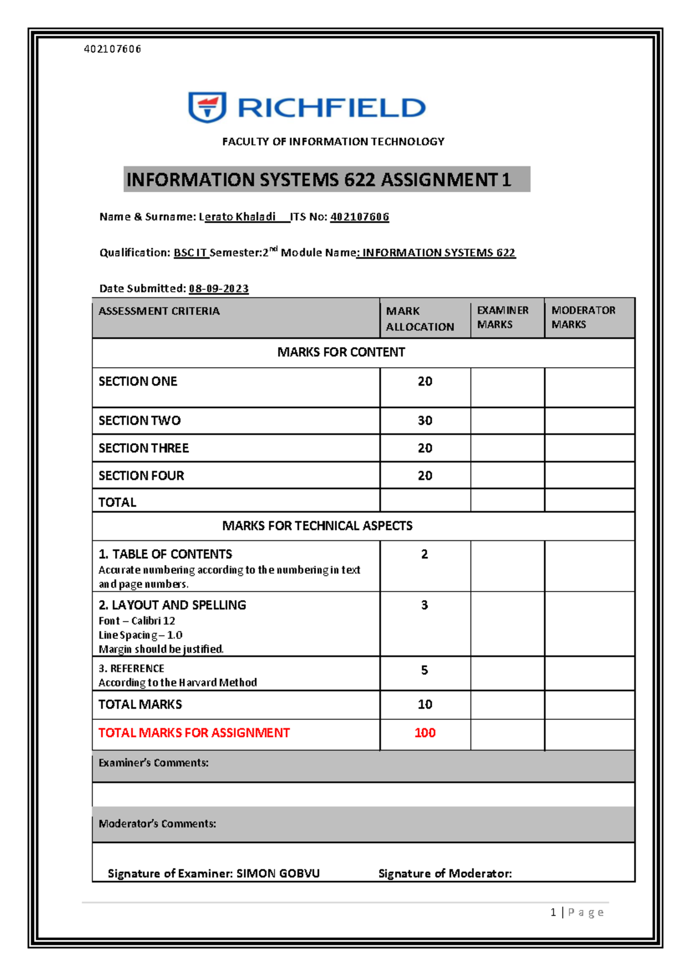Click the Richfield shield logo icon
pyautogui.click(x=207, y=107)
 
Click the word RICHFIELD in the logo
pyautogui.click(x=331, y=108)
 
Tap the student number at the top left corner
pyautogui.click(x=112, y=49)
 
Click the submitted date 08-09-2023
pyautogui.click(x=219, y=288)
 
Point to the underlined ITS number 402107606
pyautogui.click(x=359, y=217)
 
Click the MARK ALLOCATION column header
pyautogui.click(x=420, y=319)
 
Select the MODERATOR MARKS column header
pyautogui.click(x=583, y=317)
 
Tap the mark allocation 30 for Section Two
pyautogui.click(x=425, y=421)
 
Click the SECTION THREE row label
pyautogui.click(x=143, y=448)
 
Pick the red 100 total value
pyautogui.click(x=425, y=733)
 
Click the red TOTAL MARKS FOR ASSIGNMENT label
pyautogui.click(x=194, y=733)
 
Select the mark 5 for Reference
pyautogui.click(x=424, y=670)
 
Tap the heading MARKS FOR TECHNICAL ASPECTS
pyautogui.click(x=317, y=526)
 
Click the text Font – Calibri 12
pyautogui.click(x=136, y=621)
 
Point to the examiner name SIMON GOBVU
pyautogui.click(x=278, y=874)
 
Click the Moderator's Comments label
pyautogui.click(x=157, y=824)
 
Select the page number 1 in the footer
pyautogui.click(x=553, y=912)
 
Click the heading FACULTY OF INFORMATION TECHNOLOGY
pyautogui.click(x=333, y=142)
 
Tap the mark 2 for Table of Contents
pyautogui.click(x=424, y=554)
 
